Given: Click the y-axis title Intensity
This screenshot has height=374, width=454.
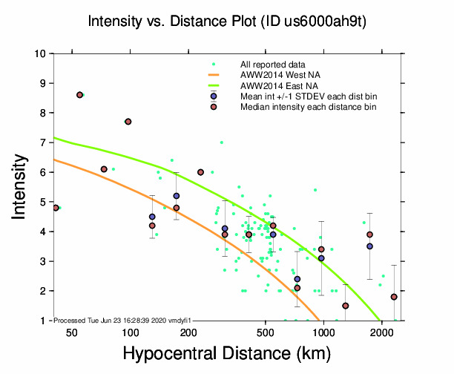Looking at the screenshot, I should click(x=22, y=186).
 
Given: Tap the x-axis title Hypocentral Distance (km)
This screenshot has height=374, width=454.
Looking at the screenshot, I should click(x=227, y=354).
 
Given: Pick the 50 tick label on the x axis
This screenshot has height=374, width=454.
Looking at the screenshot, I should click(x=72, y=332).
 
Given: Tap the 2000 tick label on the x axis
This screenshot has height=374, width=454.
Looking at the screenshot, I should click(x=381, y=332).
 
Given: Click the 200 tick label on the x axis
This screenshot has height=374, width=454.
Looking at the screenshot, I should click(x=188, y=332).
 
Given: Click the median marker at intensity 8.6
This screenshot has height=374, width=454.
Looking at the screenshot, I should click(x=79, y=95).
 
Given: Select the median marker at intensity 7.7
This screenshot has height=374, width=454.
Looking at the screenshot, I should click(x=128, y=122).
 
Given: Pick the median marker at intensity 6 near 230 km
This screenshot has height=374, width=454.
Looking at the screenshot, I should click(x=200, y=172).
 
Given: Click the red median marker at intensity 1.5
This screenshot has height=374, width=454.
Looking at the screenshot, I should click(x=346, y=306).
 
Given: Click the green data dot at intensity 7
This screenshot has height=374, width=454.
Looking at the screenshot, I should click(x=221, y=142).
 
